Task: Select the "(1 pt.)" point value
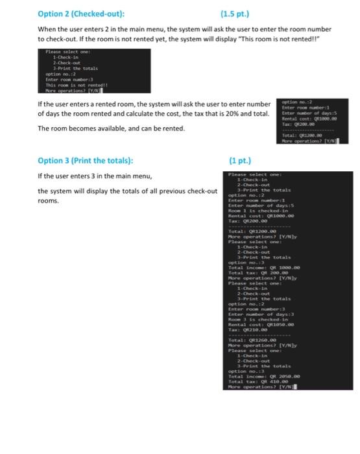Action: pyautogui.click(x=241, y=160)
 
